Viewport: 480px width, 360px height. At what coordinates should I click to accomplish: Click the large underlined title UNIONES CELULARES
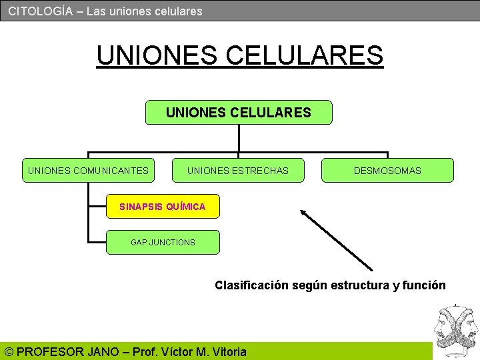pyautogui.click(x=239, y=55)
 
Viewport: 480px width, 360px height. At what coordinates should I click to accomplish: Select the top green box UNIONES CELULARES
pyautogui.click(x=239, y=113)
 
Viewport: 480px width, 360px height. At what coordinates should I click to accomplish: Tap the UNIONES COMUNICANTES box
pyautogui.click(x=88, y=171)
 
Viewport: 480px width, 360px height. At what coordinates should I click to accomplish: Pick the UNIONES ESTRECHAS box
pyautogui.click(x=238, y=171)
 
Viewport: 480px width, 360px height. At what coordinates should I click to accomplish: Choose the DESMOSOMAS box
pyautogui.click(x=387, y=171)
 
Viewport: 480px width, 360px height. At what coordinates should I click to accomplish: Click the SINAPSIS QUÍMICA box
pyautogui.click(x=163, y=207)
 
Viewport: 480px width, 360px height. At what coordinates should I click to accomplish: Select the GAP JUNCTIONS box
pyautogui.click(x=163, y=243)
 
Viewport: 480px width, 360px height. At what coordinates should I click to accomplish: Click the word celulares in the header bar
pyautogui.click(x=178, y=11)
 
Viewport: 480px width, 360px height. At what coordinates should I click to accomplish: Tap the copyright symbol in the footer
pyautogui.click(x=9, y=351)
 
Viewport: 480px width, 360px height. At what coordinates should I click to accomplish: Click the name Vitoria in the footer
pyautogui.click(x=229, y=351)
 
